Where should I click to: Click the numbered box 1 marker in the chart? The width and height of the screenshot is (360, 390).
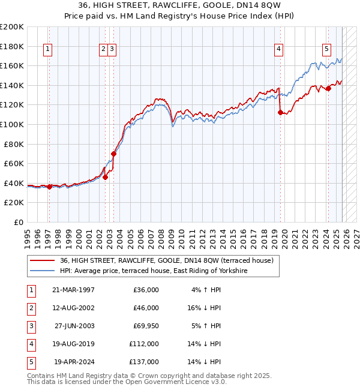[x=47, y=50]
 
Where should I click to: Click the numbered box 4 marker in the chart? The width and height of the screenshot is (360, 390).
[x=279, y=50]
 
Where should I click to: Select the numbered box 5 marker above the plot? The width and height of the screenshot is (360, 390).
[x=326, y=50]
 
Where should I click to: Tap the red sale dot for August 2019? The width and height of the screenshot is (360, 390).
[x=280, y=112]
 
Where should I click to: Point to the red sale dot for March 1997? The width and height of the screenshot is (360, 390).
[x=49, y=187]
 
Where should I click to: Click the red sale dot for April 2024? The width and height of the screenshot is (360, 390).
[x=328, y=88]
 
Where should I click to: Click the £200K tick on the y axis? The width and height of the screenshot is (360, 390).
[x=12, y=27]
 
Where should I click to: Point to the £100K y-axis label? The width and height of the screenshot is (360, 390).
[x=12, y=125]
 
